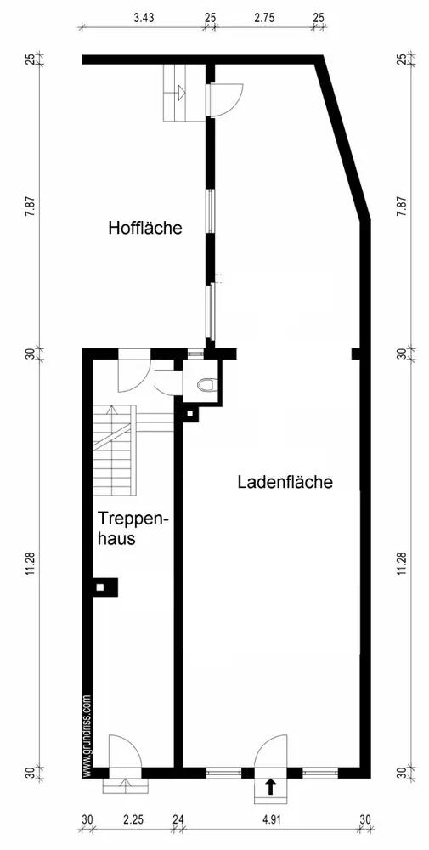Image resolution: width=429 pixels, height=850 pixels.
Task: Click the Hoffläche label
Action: click(x=144, y=228)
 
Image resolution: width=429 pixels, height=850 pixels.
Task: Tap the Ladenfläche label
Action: click(x=285, y=482)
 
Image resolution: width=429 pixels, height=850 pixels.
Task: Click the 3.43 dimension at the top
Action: click(x=144, y=17)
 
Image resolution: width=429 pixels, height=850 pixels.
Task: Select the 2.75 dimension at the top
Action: click(x=264, y=17)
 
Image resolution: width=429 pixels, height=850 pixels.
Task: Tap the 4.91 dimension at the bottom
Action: click(x=273, y=820)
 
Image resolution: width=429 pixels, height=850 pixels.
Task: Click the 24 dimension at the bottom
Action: click(x=178, y=820)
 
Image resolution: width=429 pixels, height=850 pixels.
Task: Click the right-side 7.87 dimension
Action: click(x=401, y=206)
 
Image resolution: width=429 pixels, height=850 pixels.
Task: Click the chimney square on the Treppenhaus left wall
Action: click(x=100, y=587)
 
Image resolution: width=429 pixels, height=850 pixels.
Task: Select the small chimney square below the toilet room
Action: click(x=190, y=415)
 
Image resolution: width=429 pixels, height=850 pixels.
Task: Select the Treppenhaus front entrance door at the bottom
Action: click(x=126, y=751)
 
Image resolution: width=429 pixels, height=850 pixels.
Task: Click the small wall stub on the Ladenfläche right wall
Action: click(x=356, y=354)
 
